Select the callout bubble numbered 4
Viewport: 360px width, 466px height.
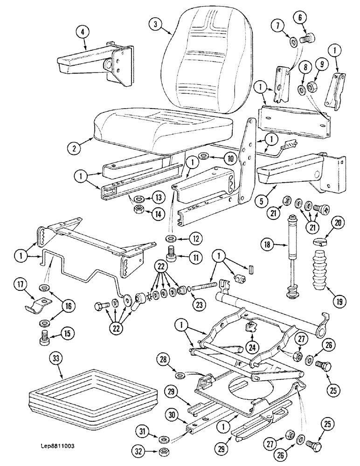pos(82,33)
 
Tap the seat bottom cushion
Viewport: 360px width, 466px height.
pos(163,130)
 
